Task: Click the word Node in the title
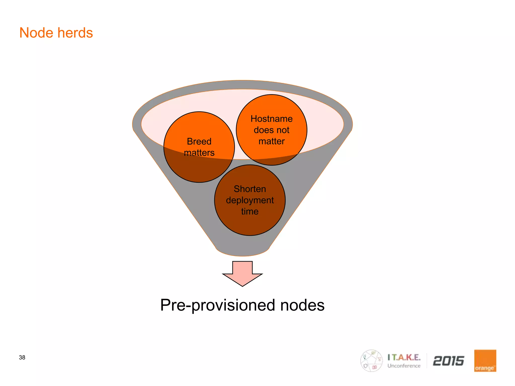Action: [x=36, y=33]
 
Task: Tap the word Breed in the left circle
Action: [x=199, y=141]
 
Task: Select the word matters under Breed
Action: [x=199, y=153]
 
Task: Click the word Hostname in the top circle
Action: [x=272, y=119]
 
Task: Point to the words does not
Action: [x=272, y=130]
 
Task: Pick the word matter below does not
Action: [x=272, y=141]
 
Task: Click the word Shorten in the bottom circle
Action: [x=250, y=189]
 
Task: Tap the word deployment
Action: [x=250, y=200]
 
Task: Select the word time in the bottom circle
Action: [x=250, y=211]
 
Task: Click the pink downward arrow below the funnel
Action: [x=242, y=274]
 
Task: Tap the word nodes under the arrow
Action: [x=302, y=305]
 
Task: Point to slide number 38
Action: [x=22, y=357]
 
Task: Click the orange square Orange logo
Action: [x=485, y=361]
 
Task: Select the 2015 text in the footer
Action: [x=448, y=361]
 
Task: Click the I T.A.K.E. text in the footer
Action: [x=404, y=357]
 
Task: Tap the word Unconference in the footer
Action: [x=404, y=366]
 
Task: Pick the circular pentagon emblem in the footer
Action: [x=371, y=361]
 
